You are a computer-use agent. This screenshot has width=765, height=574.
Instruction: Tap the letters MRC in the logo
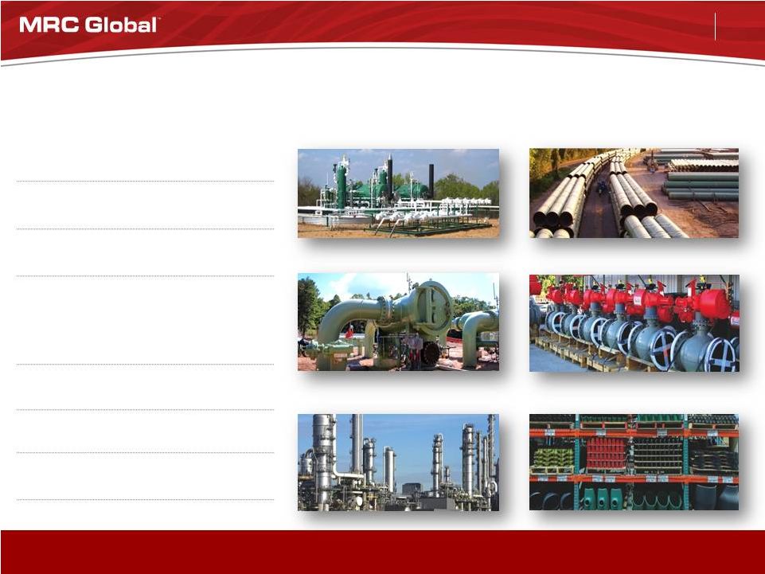(x=50, y=25)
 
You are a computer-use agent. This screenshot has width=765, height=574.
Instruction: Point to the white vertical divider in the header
(x=715, y=26)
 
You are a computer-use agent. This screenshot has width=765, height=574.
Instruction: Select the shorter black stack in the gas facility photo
(x=431, y=180)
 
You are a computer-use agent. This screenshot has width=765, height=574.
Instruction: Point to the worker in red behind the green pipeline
(x=349, y=332)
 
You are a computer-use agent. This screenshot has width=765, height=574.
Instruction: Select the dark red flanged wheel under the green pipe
(x=431, y=353)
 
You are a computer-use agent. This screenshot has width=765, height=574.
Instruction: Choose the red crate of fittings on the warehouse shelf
(x=607, y=454)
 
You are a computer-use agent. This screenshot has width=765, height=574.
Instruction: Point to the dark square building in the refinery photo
(x=412, y=489)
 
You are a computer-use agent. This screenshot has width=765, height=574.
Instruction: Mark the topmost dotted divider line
(x=145, y=181)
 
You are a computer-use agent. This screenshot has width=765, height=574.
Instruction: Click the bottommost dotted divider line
(x=145, y=500)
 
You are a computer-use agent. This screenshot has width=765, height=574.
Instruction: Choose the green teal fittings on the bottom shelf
(x=600, y=498)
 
